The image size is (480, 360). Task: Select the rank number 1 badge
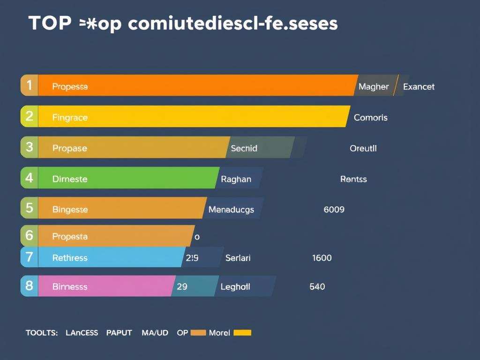[29, 85]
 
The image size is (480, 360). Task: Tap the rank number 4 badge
[29, 178]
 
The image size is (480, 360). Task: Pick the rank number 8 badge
[29, 285]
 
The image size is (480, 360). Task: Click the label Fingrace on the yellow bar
[70, 118]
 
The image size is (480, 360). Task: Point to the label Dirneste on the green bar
[70, 179]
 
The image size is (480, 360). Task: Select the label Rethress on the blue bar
[70, 258]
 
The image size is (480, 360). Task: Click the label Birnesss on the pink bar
[70, 286]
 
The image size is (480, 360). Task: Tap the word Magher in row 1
[374, 87]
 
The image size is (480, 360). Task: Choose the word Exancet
[419, 87]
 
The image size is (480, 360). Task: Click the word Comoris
[371, 118]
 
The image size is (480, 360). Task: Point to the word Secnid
[244, 149]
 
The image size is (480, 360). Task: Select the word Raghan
[236, 179]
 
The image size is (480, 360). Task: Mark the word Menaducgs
[231, 210]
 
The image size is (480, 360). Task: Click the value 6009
[334, 210]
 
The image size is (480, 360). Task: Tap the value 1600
[322, 258]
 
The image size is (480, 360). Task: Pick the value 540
[317, 286]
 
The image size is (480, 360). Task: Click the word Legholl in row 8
[235, 286]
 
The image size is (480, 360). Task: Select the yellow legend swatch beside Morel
[242, 333]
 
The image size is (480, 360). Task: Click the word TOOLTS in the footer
[41, 333]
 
